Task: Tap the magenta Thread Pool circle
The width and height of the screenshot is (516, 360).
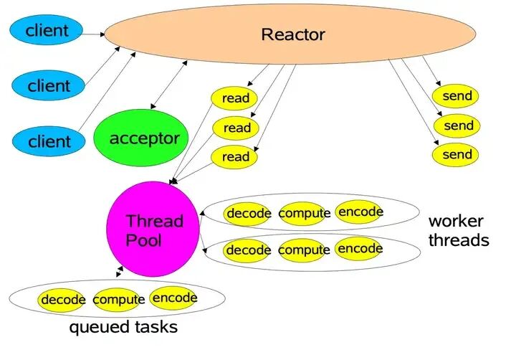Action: tap(153, 229)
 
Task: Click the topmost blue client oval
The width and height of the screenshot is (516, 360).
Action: tap(47, 30)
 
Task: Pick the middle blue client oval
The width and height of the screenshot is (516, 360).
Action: tap(48, 86)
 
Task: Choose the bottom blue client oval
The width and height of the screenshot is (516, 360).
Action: tap(48, 141)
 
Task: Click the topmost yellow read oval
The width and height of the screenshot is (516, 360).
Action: tap(234, 98)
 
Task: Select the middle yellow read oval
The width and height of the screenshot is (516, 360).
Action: tap(236, 128)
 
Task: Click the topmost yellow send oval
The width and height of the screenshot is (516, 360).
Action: tap(457, 96)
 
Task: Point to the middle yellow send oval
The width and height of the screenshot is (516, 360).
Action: tap(458, 125)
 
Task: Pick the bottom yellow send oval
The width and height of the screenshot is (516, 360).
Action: tap(457, 154)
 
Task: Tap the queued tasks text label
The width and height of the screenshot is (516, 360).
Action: tap(123, 328)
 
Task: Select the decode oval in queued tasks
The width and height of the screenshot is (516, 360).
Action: tap(63, 299)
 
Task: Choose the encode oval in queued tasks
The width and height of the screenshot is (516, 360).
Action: tap(174, 297)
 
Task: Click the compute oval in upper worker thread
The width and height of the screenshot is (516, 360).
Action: tap(305, 213)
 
